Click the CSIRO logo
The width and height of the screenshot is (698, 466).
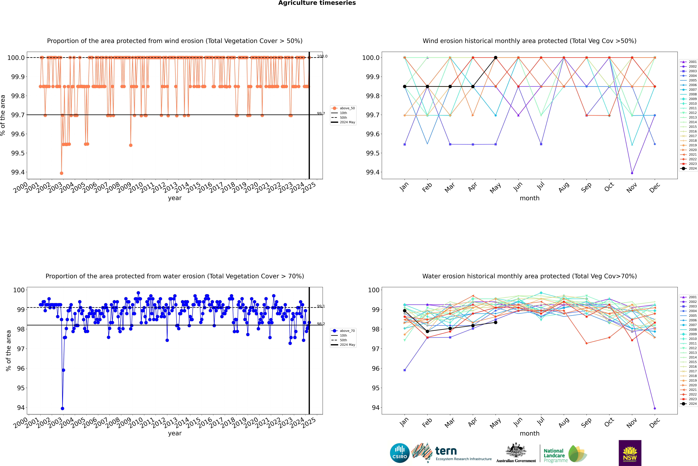click(400, 453)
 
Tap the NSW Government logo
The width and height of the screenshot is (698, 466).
click(630, 453)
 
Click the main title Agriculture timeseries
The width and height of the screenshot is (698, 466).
click(317, 3)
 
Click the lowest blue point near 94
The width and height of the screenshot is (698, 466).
click(62, 408)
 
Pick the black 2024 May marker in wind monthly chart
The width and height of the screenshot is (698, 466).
click(495, 58)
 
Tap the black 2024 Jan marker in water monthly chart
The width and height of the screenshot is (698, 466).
click(405, 311)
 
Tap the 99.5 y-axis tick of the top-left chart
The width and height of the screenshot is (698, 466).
click(18, 153)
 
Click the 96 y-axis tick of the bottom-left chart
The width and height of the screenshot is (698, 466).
click(21, 368)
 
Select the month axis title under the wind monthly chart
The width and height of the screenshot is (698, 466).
click(529, 198)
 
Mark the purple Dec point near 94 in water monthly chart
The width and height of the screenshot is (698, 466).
click(655, 408)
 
